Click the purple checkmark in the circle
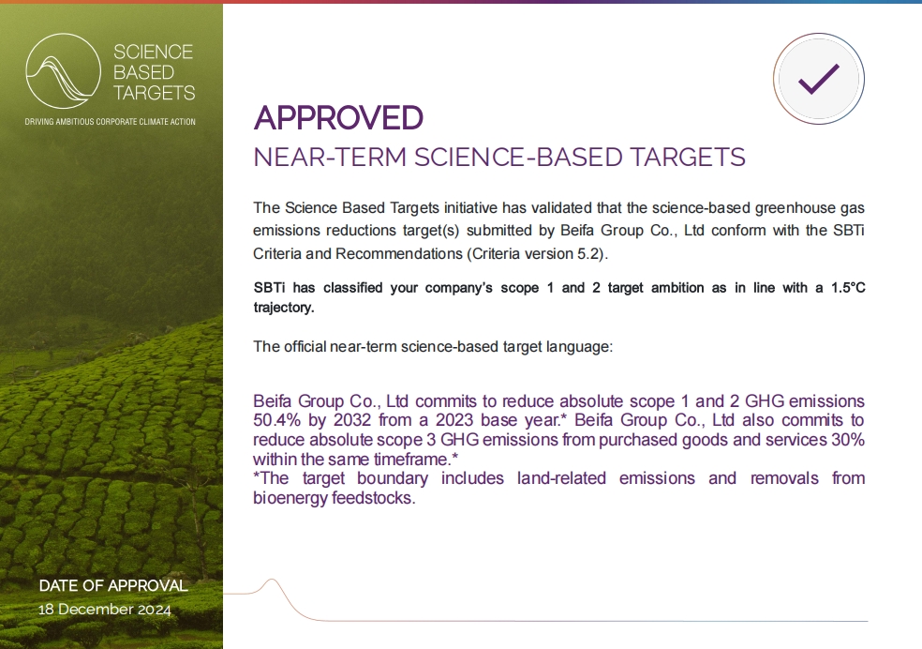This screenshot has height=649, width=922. coord(819,79)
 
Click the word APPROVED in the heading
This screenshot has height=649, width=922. coord(338,117)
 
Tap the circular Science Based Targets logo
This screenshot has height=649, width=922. coord(64,70)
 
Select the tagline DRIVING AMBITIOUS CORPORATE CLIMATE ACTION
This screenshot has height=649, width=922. coord(110,122)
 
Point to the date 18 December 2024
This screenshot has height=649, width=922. coord(105,609)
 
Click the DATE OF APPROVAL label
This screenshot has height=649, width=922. coord(113,585)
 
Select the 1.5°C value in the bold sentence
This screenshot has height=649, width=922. coord(848,288)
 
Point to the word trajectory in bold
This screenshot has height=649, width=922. coord(282,308)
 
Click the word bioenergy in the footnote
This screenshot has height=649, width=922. coord(290,498)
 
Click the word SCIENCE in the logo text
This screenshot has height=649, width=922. coord(153,53)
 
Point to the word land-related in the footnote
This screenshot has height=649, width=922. coord(561,477)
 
